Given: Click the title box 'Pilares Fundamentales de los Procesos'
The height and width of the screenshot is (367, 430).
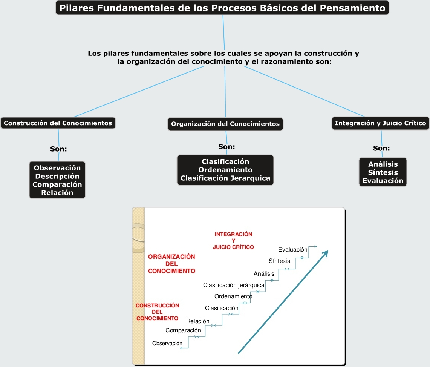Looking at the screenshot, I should pos(222,8).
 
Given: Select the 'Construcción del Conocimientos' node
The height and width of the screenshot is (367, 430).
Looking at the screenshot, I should pos(58,123).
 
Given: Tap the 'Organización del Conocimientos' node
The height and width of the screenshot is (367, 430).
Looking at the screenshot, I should pos(225,124).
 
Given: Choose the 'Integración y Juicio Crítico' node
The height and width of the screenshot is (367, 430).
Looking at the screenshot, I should pos(380,123).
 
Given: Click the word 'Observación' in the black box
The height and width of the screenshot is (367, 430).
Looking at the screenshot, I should pos(57,168).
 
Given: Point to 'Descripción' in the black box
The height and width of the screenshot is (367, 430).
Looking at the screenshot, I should pos(57,176).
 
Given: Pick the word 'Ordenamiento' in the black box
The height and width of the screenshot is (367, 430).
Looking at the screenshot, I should pos(225,170).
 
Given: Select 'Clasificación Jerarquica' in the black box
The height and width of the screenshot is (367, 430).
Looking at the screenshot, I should pos(225,178).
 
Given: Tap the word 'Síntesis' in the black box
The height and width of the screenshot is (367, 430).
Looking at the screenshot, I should pos(383,172).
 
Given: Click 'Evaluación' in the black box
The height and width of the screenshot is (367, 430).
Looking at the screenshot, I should pos(383,181).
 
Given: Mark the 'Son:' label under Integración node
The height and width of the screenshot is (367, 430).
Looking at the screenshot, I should pos(381,148).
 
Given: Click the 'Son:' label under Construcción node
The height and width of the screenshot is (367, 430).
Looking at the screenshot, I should pos(58,149).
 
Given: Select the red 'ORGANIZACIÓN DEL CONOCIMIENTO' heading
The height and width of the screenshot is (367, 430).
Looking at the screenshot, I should pos(171,264).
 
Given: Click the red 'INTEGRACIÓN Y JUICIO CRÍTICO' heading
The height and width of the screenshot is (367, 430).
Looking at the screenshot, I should pos(233,241).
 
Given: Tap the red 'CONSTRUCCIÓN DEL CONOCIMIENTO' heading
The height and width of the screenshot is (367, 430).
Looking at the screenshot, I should pos(157,312).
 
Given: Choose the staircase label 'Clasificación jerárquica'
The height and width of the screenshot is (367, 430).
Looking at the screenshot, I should pos(234,285).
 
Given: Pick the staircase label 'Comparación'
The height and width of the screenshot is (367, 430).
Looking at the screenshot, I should pos(183,330).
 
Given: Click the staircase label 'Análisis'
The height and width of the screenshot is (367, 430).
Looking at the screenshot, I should pos(264,273).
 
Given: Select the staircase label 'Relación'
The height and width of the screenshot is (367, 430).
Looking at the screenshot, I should pos(197,321).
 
